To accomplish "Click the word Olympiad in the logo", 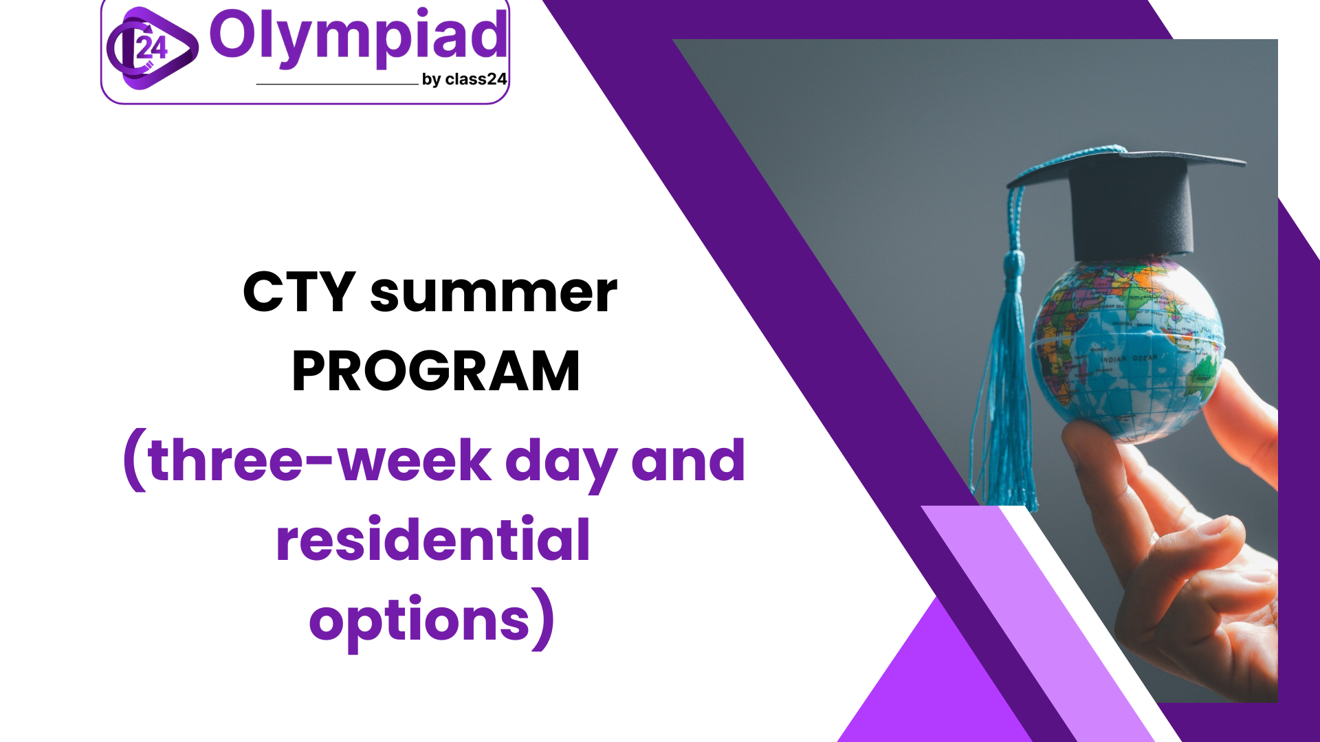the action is [x=358, y=37].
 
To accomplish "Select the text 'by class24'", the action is [x=464, y=80].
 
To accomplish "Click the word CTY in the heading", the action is [x=299, y=292].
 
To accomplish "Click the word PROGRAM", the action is [x=436, y=371].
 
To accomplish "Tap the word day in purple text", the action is [x=561, y=464].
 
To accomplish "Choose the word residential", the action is [x=433, y=539].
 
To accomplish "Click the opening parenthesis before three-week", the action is [x=135, y=460].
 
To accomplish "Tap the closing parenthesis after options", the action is [x=543, y=618].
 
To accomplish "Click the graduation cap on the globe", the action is [x=1127, y=199].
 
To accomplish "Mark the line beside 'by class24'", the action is [x=337, y=84].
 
